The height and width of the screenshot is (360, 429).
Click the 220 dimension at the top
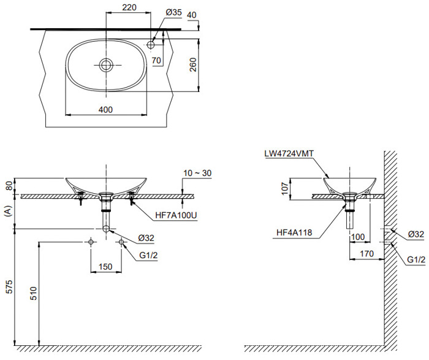[x=128, y=8]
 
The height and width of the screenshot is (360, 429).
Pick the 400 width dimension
[x=105, y=109]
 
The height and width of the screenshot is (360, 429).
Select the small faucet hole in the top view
[x=151, y=44]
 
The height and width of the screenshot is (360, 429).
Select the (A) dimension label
[x=8, y=212]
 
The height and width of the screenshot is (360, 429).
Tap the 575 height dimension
[x=8, y=291]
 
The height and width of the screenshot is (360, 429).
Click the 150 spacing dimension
[x=106, y=267]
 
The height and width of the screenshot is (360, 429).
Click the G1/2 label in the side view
[x=416, y=260]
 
